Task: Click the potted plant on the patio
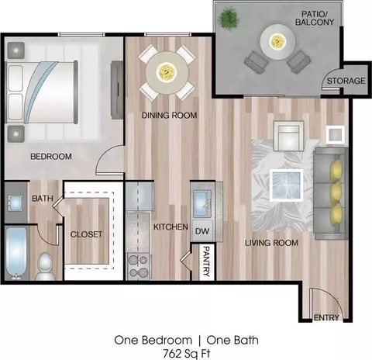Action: (228, 18)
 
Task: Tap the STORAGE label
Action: (346, 81)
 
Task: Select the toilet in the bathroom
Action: (45, 266)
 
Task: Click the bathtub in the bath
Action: (16, 253)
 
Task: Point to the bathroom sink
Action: (15, 202)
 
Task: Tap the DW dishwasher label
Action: (202, 231)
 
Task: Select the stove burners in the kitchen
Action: (139, 266)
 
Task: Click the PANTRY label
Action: (206, 261)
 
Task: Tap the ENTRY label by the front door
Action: (326, 317)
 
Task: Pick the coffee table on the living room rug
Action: (286, 185)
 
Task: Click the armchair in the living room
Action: (288, 136)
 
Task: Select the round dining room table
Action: (167, 72)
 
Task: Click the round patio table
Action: (277, 42)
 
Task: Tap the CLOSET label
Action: (86, 234)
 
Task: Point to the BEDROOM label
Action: (51, 157)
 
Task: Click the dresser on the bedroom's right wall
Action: (117, 90)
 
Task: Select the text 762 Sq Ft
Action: (187, 353)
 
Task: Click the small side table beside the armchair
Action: (335, 134)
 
